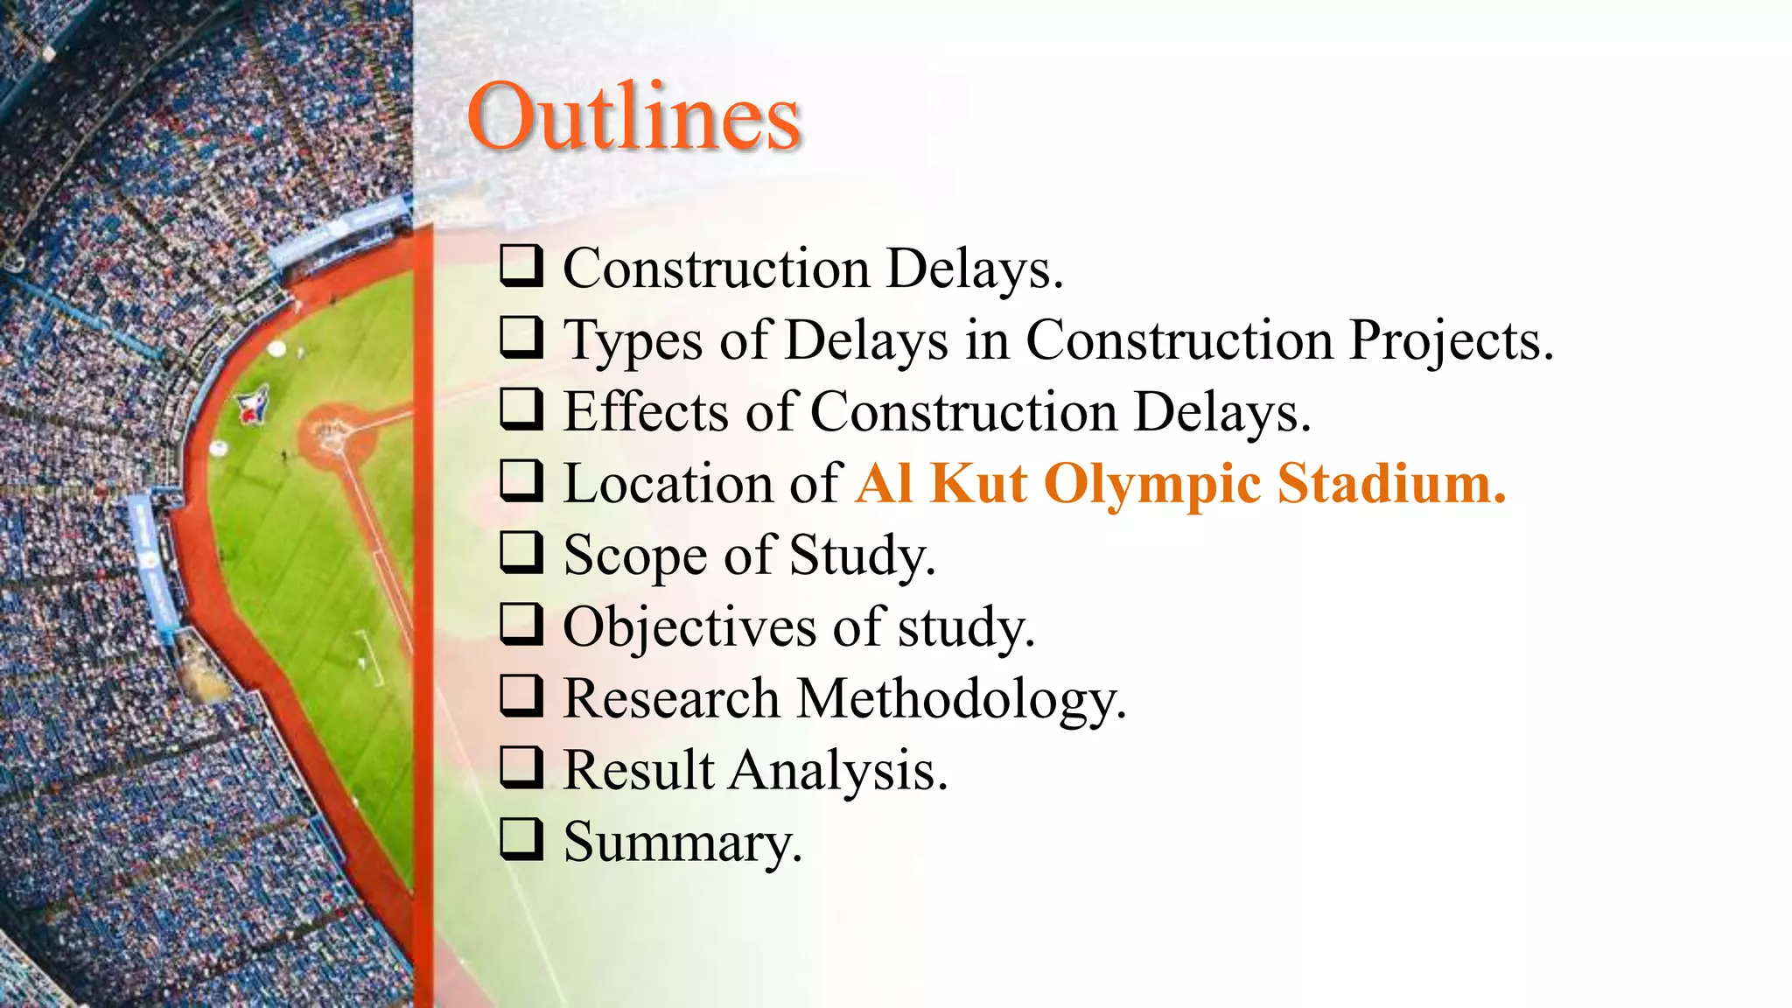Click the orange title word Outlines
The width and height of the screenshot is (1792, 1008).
pos(633,117)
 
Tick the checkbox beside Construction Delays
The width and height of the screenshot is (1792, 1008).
pos(522,266)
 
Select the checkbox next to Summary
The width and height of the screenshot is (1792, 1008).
pos(522,840)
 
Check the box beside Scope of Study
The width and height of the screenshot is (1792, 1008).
pos(522,553)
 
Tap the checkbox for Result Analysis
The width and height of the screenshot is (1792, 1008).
pos(522,768)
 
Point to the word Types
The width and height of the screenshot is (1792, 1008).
pos(632,341)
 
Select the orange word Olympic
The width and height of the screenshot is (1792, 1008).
pos(1152,484)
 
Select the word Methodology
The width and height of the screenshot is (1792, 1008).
pos(962,699)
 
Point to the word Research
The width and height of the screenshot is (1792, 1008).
pos(671,698)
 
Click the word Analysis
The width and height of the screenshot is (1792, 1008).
pos(838,771)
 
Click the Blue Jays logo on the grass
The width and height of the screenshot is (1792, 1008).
pos(253,404)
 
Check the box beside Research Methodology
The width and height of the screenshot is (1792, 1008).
pos(522,696)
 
